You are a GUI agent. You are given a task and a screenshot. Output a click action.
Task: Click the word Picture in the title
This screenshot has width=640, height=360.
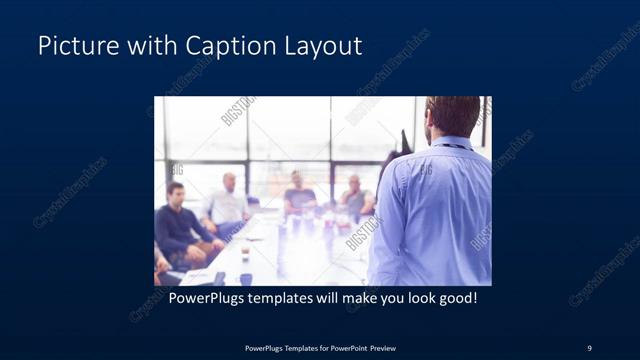point(73,46)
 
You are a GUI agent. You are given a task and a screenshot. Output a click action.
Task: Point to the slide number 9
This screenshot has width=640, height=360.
point(589,347)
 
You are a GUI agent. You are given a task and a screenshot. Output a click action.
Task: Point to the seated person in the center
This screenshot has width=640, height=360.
point(297,195)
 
